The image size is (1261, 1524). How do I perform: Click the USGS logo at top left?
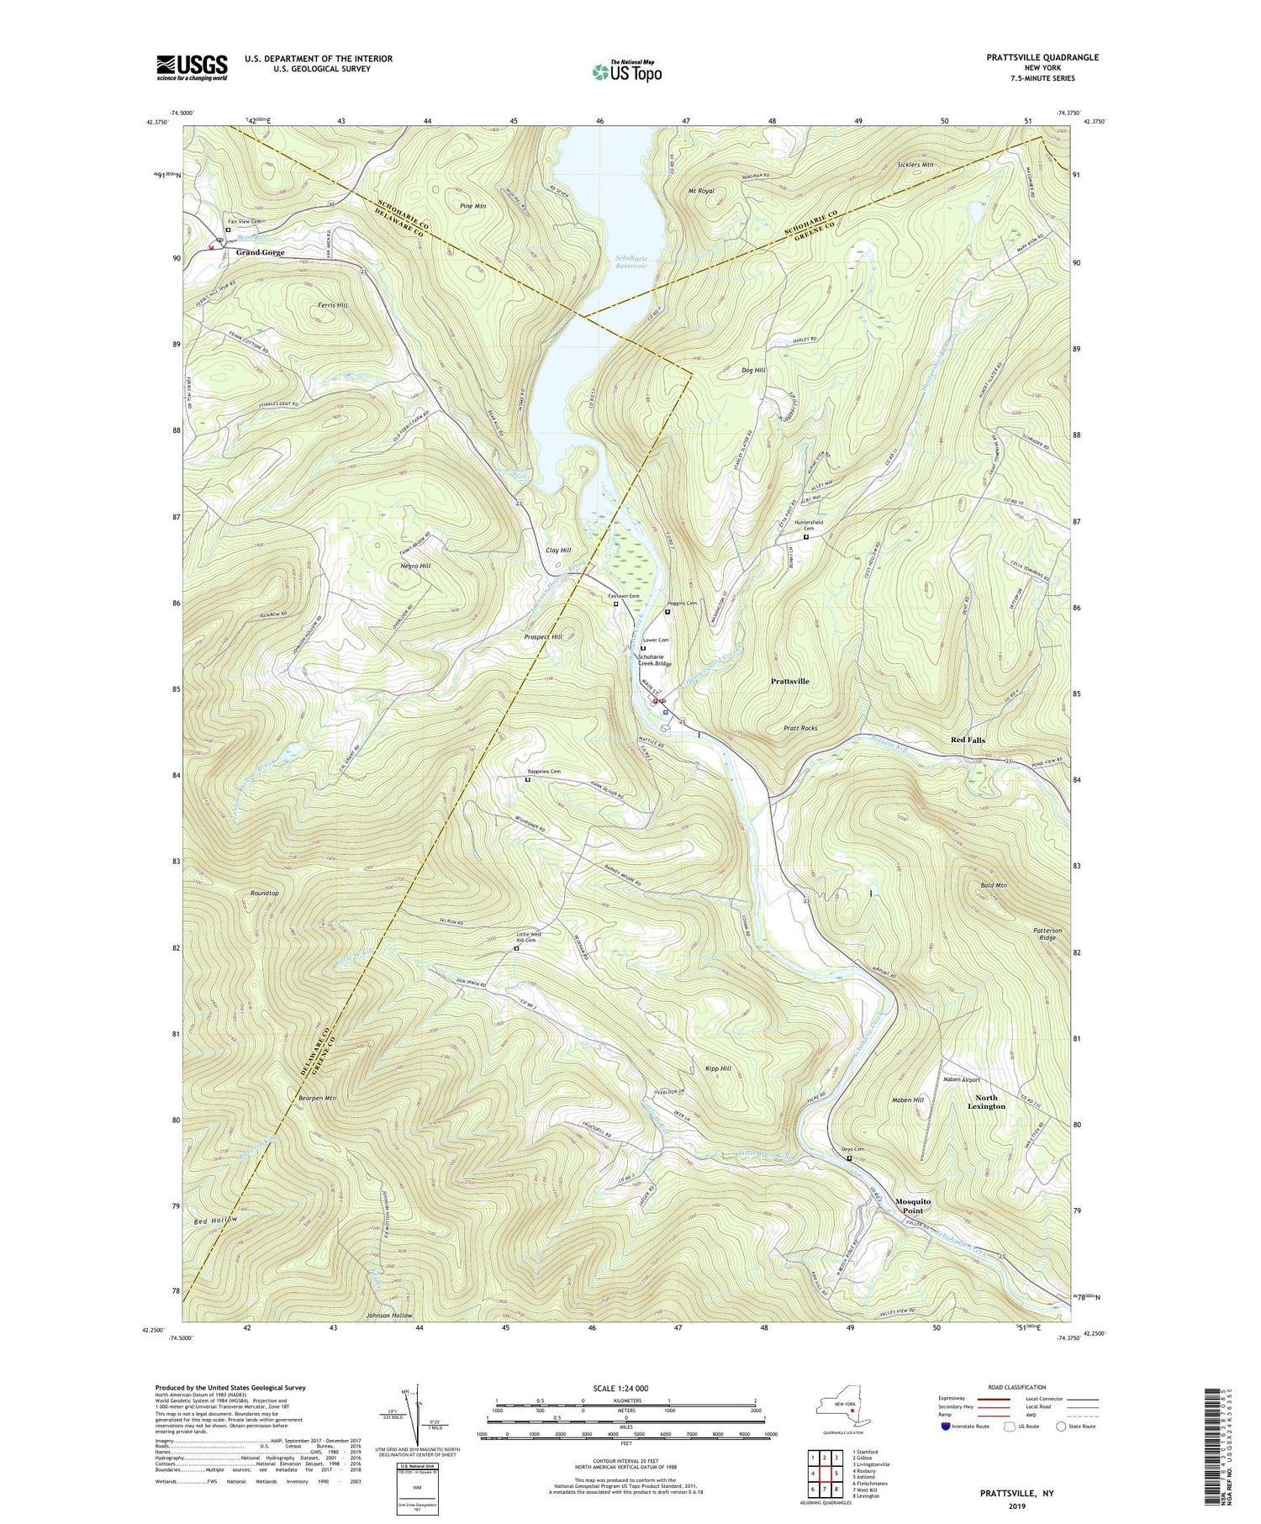192,67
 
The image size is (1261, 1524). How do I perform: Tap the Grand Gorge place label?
260,252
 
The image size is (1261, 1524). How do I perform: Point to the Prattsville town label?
789,681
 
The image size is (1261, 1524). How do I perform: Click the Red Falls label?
968,740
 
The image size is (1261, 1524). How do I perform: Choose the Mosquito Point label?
913,1206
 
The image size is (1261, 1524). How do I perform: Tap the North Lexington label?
986,1102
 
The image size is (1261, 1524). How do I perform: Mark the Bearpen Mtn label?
317,1098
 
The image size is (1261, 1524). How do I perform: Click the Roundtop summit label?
264,893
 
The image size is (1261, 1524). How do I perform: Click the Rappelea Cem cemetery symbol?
528,780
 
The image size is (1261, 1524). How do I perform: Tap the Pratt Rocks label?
800,728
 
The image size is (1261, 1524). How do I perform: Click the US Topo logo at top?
626,71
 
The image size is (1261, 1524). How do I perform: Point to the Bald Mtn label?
994,885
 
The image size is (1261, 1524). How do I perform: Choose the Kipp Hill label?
717,1068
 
